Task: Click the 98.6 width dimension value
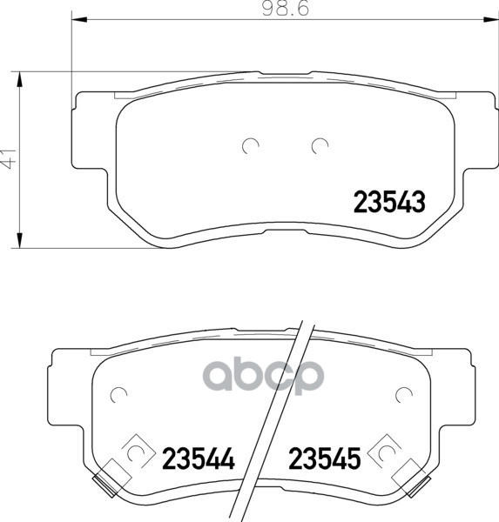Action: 286,9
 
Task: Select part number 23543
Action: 389,202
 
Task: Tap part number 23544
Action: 199,458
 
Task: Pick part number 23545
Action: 324,458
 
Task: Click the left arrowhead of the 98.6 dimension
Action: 79,19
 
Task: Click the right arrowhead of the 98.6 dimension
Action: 491,19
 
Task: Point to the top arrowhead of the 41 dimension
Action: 20,79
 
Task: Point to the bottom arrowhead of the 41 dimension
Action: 20,240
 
